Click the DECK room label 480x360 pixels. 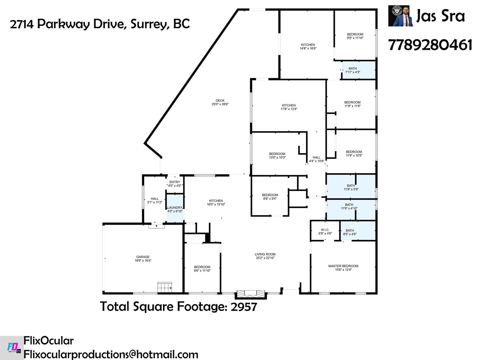pos(220,100)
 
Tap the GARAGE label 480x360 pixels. pos(143,257)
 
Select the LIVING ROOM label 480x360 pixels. pos(265,254)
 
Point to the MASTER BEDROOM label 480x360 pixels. pos(343,266)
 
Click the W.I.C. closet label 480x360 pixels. pos(325,230)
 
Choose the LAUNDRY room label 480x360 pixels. pos(175,207)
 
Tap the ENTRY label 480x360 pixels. pos(175,182)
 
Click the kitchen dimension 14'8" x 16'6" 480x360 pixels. pos(308,48)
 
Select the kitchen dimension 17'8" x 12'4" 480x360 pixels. pos(289,109)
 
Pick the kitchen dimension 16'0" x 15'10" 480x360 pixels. pos(216,204)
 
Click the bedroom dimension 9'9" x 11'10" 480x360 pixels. pos(355,38)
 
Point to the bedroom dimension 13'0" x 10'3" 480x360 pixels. pos(277,157)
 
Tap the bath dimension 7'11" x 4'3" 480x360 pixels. pos(352,72)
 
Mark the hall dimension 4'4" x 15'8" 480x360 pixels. pos(316,161)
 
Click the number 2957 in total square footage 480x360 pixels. pos(244,307)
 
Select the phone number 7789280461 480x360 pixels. pos(430,45)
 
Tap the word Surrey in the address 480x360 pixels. pos(150,24)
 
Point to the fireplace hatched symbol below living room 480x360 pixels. pos(251,294)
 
